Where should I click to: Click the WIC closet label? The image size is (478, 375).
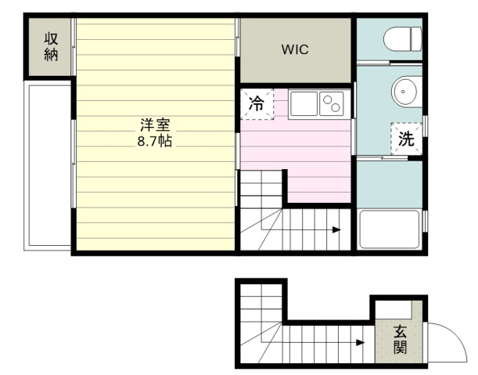point(295,49)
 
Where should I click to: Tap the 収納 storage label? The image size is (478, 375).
point(51,47)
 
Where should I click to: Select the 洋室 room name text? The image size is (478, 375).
point(155,124)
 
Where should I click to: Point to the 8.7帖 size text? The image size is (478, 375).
point(155,141)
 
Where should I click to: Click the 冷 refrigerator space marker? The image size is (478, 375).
point(257,104)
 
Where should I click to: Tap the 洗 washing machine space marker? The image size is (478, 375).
point(406,139)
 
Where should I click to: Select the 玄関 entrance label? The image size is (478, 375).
point(400,340)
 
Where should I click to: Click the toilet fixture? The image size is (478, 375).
point(403,39)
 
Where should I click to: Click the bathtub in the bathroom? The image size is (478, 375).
point(390,229)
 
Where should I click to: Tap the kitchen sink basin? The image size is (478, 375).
point(304,104)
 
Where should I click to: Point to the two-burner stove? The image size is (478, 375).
point(332,104)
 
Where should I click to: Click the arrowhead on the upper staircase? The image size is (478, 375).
point(336,229)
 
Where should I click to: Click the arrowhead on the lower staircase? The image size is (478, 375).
point(361,342)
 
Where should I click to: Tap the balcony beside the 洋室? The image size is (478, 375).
point(48,165)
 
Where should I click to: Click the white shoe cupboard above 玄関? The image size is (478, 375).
point(394,309)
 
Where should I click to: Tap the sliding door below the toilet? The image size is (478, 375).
point(390,63)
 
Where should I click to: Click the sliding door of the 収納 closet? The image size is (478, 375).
point(74,47)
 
